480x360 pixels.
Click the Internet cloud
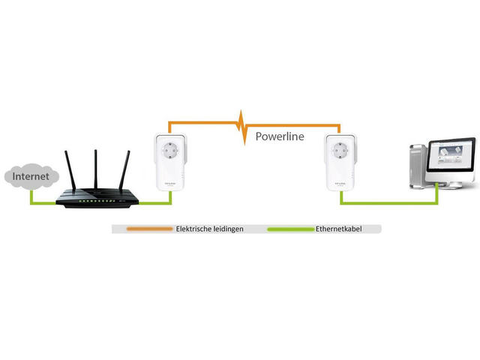29,178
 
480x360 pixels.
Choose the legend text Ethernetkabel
340,229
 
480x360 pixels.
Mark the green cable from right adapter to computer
390,203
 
